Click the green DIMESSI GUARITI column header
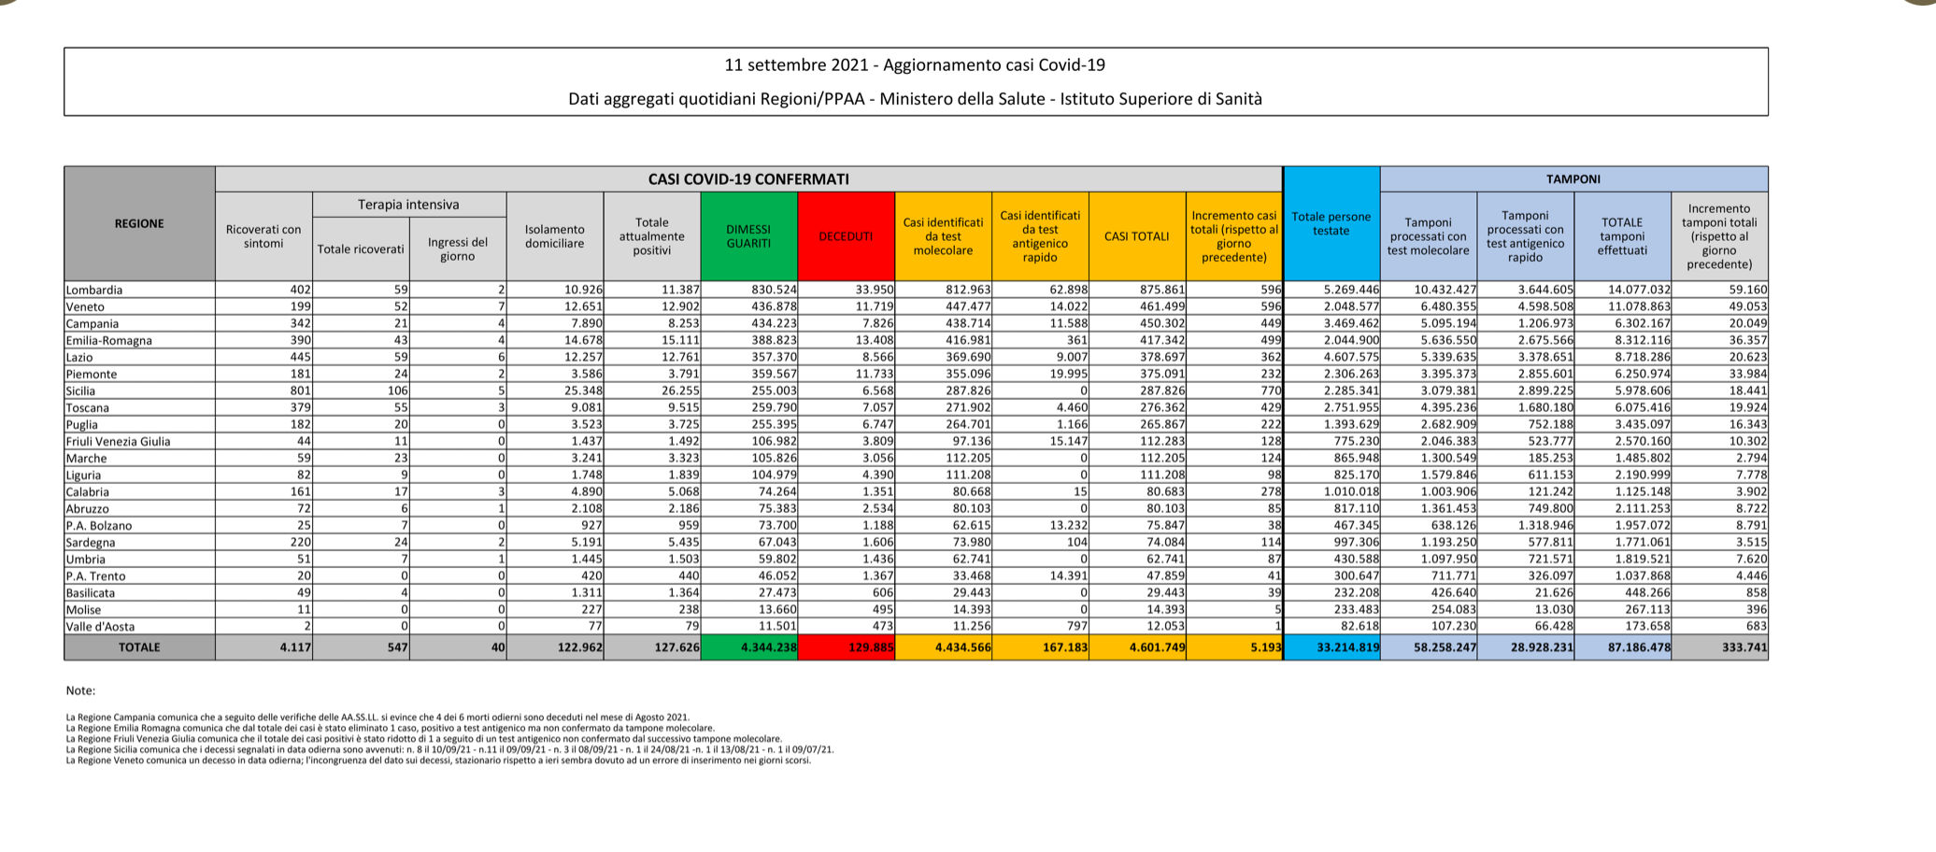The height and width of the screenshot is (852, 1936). coord(748,236)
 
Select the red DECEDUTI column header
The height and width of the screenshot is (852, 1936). coord(846,236)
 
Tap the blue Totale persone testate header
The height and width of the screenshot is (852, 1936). coord(1331,223)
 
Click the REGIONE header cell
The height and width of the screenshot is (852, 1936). coord(139,223)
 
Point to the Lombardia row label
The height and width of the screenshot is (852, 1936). coord(94,291)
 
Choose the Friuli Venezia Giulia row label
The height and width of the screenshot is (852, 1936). coord(118,442)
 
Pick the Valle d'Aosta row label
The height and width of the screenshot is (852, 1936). coord(100,627)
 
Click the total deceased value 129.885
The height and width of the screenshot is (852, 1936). coord(871,647)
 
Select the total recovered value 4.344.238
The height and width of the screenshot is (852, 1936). coord(768,647)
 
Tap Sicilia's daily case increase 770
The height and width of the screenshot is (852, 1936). coord(1270,391)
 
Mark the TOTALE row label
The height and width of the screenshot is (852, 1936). coord(139,647)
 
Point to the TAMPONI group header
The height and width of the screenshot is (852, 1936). coord(1573,179)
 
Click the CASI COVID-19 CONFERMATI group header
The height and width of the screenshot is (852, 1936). coord(748,179)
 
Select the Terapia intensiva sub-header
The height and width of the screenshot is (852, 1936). coord(408,205)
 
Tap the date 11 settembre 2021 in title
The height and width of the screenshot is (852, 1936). coord(795,65)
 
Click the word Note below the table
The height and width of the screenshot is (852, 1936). coord(80,691)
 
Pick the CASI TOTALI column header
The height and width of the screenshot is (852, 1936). coord(1136,236)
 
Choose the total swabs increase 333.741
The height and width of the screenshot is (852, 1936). coord(1744,647)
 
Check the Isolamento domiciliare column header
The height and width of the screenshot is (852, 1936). coord(554,236)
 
